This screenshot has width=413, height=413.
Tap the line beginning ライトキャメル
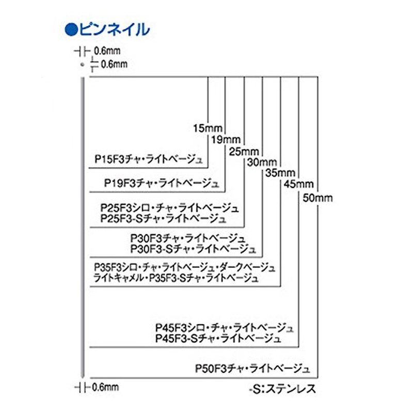[x=176, y=278]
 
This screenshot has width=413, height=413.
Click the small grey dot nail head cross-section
[x=82, y=64]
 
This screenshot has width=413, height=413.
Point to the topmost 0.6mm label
[x=106, y=51]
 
